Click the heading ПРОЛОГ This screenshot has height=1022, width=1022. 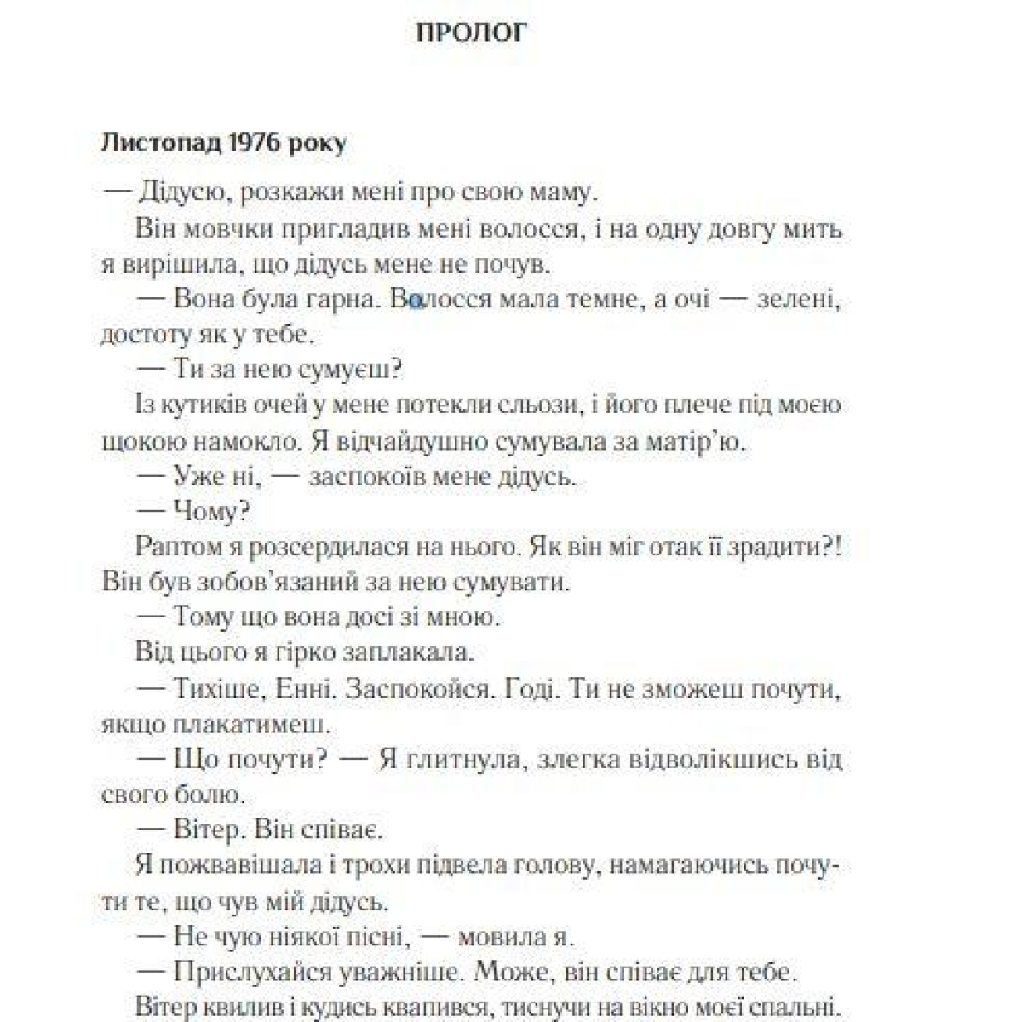coord(472,32)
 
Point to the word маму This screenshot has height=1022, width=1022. coord(559,193)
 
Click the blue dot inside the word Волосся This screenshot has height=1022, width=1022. coord(416,300)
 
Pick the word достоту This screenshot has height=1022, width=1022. coord(141,335)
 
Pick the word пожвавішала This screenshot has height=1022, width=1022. coord(244,866)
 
